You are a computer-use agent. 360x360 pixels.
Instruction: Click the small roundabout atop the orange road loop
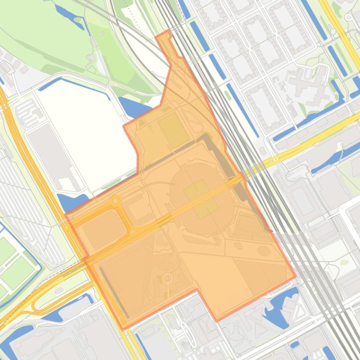(x=115, y=201)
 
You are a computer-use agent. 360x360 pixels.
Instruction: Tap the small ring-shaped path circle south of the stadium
(x=167, y=279)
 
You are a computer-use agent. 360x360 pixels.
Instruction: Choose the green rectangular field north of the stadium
(x=174, y=129)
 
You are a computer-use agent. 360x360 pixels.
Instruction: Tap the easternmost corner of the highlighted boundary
(x=295, y=276)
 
